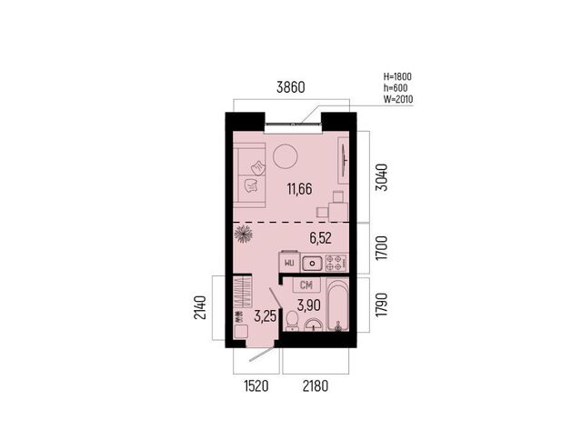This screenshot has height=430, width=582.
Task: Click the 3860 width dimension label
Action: [291, 87]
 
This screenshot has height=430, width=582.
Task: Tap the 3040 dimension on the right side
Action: [382, 177]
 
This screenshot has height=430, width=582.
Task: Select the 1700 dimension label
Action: [382, 247]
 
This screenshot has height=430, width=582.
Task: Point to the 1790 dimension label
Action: [382, 305]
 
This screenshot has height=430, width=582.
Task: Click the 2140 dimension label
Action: [200, 307]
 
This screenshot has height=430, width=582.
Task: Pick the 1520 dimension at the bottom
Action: [256, 386]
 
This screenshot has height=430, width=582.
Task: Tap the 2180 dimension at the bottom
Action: [316, 386]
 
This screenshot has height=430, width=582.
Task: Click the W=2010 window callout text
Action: [398, 99]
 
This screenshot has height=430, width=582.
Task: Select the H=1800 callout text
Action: [397, 76]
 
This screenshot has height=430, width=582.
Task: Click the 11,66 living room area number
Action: [299, 189]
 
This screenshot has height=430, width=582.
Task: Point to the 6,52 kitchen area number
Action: [321, 238]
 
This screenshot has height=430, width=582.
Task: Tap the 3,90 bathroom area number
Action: [309, 305]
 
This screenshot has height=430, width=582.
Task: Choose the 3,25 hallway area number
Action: [265, 316]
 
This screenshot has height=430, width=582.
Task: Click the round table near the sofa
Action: [286, 156]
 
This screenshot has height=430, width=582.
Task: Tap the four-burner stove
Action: [336, 263]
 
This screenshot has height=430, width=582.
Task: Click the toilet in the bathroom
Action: [293, 321]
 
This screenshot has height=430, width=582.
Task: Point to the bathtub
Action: [337, 305]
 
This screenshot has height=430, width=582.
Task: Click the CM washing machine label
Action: [306, 285]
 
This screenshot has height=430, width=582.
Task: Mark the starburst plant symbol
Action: [244, 235]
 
